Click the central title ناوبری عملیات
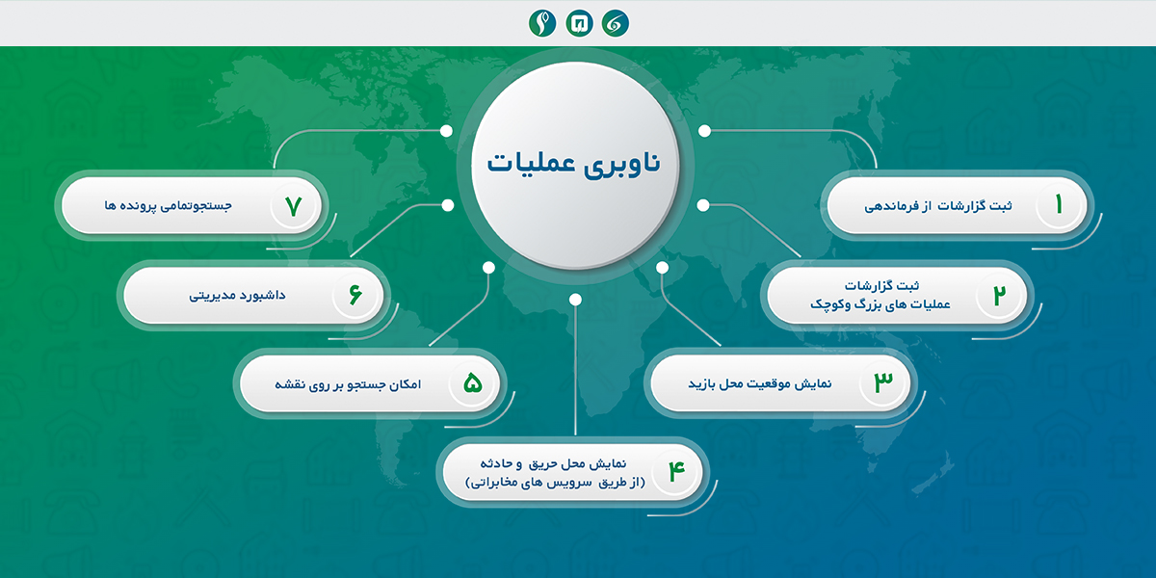[x=574, y=164]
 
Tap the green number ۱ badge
[x=1059, y=205]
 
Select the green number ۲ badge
[x=1000, y=295]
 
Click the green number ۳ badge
[x=883, y=383]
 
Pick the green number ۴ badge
[x=676, y=472]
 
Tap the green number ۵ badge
[x=473, y=383]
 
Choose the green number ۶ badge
[x=355, y=295]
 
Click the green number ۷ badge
[x=293, y=206]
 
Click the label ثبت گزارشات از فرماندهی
[x=938, y=206]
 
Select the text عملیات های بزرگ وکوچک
[x=880, y=304]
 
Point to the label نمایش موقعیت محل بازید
[x=760, y=384]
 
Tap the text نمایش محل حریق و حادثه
[x=553, y=463]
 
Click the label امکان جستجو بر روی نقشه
[x=348, y=384]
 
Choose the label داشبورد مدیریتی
[x=237, y=295]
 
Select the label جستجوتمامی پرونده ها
[x=169, y=205]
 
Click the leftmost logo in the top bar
[x=541, y=23]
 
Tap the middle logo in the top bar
[x=579, y=23]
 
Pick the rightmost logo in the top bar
[x=616, y=23]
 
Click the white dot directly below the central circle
[x=575, y=300]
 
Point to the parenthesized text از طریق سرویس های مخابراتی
[x=555, y=483]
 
